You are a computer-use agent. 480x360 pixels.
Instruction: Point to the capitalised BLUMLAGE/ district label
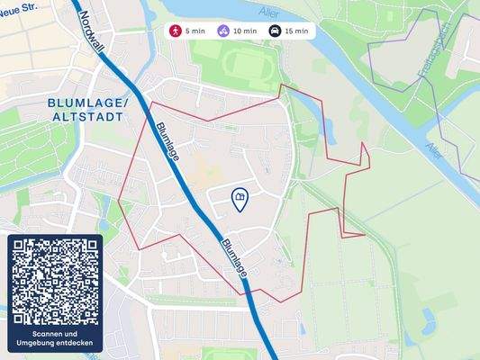coord(89,103)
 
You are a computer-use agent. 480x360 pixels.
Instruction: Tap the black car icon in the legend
coord(274,31)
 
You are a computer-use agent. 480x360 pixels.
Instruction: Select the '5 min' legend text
coord(195,31)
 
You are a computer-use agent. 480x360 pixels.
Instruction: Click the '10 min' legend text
coord(245,31)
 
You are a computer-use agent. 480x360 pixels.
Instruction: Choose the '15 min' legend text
coord(296,31)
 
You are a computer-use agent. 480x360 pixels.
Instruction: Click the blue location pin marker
coord(240,200)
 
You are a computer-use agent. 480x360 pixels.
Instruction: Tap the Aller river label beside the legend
coord(268,12)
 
